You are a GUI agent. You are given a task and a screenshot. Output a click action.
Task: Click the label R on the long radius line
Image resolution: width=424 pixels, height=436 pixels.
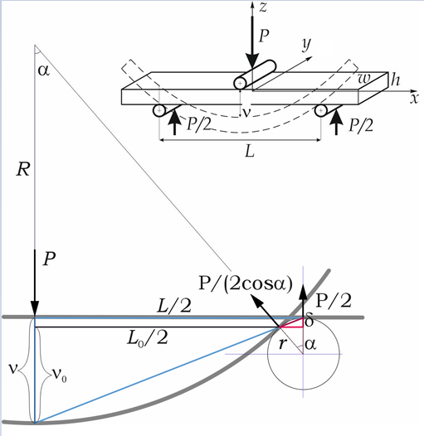(x=23, y=169)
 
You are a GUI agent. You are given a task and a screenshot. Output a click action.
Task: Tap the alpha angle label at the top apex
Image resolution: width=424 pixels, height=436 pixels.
(x=44, y=70)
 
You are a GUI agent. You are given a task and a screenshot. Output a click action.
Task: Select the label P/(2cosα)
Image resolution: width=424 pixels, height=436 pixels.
(x=246, y=283)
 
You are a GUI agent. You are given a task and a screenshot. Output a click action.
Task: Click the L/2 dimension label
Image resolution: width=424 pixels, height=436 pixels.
(x=174, y=306)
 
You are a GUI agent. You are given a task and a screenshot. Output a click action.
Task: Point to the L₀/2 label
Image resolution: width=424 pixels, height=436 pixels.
(x=147, y=339)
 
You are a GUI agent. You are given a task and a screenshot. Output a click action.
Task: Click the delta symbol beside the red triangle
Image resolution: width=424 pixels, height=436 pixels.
(x=309, y=320)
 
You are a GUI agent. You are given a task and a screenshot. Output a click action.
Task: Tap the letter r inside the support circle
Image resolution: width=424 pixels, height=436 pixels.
(x=282, y=344)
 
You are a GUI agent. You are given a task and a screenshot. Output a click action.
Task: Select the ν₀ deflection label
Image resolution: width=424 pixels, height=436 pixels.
(x=60, y=375)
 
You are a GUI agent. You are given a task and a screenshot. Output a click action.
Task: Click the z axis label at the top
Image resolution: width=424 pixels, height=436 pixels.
(x=263, y=7)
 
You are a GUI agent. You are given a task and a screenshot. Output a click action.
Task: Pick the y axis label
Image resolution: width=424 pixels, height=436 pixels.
(x=306, y=45)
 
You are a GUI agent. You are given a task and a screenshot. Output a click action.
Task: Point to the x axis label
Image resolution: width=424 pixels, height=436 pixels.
(x=414, y=98)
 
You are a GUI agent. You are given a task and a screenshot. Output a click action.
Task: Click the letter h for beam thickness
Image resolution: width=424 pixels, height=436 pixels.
(x=395, y=80)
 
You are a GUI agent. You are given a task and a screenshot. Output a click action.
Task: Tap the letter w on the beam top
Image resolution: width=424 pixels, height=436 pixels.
(x=364, y=79)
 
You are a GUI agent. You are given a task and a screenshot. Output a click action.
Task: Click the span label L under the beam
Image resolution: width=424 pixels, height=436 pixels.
(x=250, y=152)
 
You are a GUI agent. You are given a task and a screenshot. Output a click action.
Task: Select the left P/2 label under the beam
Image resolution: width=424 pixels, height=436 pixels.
(x=199, y=124)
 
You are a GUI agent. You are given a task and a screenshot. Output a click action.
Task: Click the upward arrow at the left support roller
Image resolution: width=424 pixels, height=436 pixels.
(x=174, y=122)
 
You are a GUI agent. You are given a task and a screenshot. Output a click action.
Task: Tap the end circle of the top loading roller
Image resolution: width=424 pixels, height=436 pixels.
(x=240, y=83)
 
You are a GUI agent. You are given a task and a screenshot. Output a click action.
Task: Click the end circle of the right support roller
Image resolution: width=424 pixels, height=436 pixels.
(x=321, y=111)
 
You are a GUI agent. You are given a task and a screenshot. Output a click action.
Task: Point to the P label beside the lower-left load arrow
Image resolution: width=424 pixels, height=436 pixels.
(x=49, y=259)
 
